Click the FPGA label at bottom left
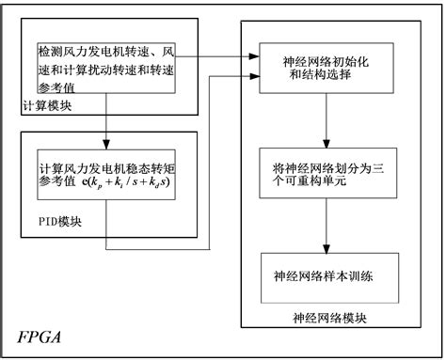click(39, 337)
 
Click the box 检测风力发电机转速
click(105, 63)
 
